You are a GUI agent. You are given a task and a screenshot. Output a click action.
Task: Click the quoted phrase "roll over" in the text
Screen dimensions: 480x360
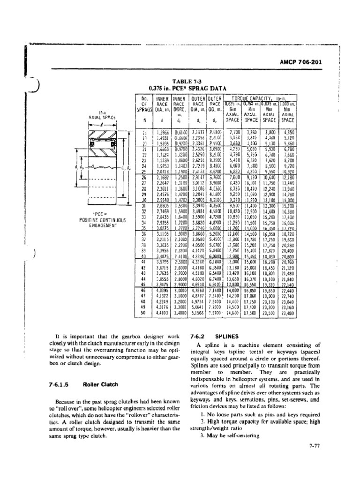click(x=69, y=408)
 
